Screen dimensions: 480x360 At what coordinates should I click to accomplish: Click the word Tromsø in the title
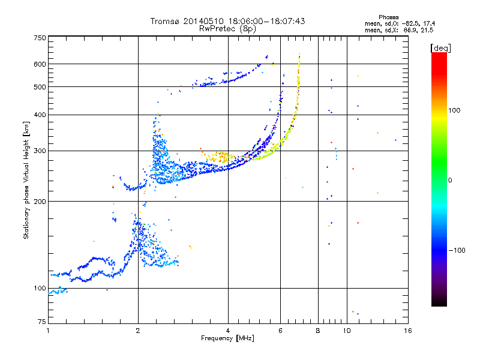click(165, 22)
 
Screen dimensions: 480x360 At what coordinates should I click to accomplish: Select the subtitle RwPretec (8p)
click(228, 29)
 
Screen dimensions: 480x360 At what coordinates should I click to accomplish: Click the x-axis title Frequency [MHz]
click(227, 338)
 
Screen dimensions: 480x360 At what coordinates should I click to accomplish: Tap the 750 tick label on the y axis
click(40, 38)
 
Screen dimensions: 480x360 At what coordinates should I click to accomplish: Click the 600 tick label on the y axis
click(40, 64)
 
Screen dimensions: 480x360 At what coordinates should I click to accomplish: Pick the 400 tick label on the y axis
click(40, 115)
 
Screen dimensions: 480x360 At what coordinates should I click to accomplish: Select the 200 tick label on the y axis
click(40, 202)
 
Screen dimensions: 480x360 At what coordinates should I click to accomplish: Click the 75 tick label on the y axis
click(42, 322)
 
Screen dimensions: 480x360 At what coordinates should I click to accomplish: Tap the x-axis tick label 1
click(48, 331)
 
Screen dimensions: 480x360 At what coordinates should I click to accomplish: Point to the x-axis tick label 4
click(228, 331)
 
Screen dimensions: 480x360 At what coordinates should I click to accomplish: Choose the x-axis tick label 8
click(318, 331)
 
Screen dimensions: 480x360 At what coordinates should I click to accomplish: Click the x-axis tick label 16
click(408, 331)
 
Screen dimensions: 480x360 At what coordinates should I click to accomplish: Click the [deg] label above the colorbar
click(440, 48)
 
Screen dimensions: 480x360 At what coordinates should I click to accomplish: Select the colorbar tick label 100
click(454, 110)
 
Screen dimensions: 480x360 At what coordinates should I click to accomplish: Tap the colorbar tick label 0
click(450, 181)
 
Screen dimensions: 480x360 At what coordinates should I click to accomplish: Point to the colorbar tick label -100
click(457, 250)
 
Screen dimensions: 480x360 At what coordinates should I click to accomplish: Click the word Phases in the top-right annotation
click(388, 17)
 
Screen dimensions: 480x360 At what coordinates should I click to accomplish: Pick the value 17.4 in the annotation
click(429, 23)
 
